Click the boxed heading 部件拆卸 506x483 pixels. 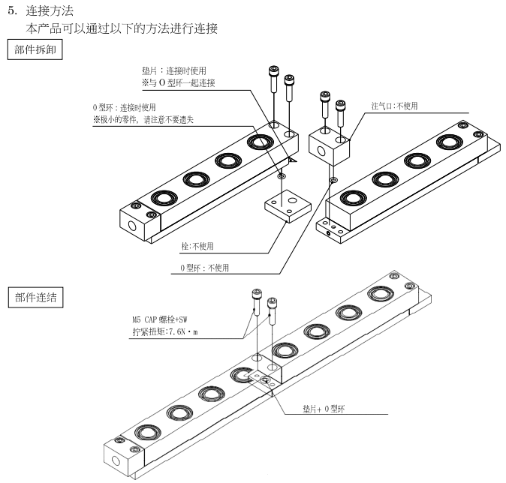35,50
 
